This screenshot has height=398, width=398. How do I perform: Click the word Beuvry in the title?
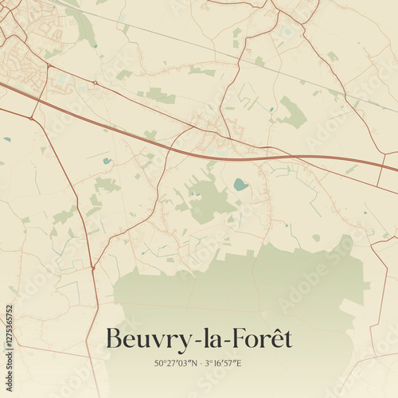coord(147,340)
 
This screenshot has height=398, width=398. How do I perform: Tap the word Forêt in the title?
coord(261,340)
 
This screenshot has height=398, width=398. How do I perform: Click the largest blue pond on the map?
coord(240,185)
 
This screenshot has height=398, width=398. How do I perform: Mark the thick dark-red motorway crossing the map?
coord(119,127)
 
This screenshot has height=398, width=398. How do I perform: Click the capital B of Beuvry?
coord(114,340)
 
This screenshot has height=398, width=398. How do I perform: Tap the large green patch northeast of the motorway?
coord(293,113)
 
